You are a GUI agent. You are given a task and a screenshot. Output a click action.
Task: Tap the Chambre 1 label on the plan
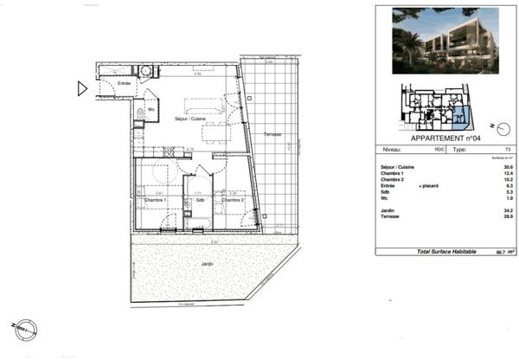[156, 200]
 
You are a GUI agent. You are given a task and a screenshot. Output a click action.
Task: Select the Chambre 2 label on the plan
[232, 200]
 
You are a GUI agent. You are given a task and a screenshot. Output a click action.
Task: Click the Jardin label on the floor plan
[207, 263]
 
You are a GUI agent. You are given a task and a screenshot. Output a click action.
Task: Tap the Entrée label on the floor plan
[112, 83]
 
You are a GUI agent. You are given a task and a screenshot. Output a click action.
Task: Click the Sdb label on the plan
[199, 200]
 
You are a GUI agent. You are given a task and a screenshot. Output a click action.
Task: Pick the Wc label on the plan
[151, 110]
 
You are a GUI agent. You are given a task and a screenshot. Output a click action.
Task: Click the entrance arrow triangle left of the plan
[82, 87]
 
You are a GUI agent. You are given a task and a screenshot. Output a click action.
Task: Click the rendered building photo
[445, 41]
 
